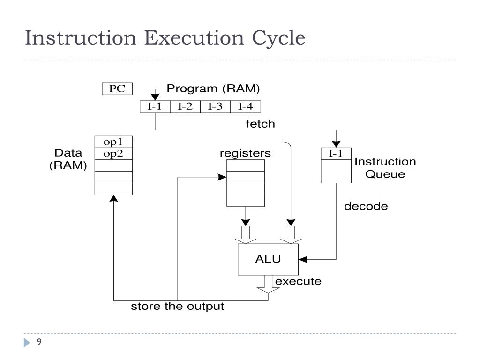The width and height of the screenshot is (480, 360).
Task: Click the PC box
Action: coord(117,89)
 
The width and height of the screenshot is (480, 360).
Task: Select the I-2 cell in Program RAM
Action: coord(185,106)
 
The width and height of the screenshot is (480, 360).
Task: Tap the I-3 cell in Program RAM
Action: coord(215,106)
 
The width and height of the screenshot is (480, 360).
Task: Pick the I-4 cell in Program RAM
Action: coord(246,106)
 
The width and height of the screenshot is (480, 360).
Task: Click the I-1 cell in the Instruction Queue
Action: coord(336,154)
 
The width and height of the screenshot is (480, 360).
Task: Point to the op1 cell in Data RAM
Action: coord(113,142)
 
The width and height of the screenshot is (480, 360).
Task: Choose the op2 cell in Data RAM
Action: coord(113,153)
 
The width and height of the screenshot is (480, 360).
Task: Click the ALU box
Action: coord(268,259)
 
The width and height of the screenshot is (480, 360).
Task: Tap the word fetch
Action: coord(261,124)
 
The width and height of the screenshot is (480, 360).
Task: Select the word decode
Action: coord(366,206)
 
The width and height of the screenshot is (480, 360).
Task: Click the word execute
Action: coord(298,282)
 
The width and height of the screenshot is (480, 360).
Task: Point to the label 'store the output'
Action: coord(177,307)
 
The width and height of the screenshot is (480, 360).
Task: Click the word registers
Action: coord(245,153)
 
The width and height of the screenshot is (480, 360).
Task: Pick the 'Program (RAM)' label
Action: coord(213,89)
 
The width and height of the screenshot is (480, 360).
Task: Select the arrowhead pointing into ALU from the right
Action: coord(302,259)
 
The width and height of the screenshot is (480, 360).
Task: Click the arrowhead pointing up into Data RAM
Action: coord(113,199)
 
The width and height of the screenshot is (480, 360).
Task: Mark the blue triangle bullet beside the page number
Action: coord(27,343)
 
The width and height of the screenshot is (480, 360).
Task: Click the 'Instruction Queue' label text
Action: coord(385,168)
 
